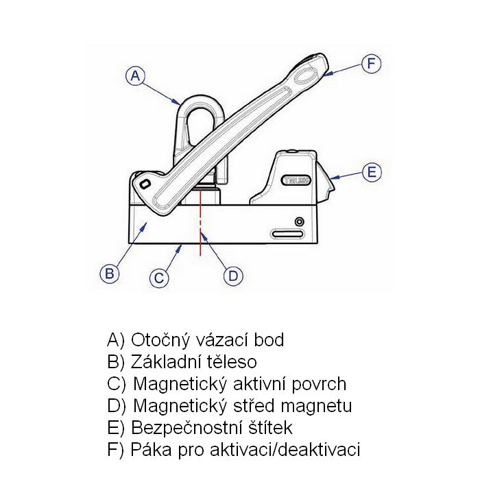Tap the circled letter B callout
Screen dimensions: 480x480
pos(109,273)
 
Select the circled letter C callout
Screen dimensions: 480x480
pos(158,277)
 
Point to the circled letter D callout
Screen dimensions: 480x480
pos(233,276)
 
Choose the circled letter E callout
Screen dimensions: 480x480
pos(371,172)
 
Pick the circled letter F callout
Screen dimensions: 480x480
pos(370,64)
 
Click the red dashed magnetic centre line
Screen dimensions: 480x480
pos(201,219)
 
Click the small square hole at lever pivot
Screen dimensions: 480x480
pos(143,184)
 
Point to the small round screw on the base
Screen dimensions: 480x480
pos(299,221)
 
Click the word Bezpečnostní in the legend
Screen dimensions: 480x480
pos(186,428)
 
